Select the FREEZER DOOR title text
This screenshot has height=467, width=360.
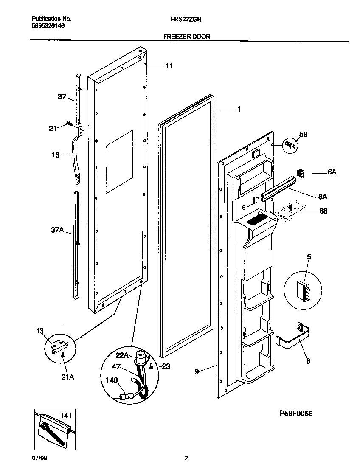point(187,37)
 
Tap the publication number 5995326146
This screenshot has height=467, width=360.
point(48,26)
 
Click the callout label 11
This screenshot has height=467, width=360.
point(169,66)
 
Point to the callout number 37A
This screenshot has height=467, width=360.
point(57,230)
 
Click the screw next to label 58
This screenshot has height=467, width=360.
point(290,145)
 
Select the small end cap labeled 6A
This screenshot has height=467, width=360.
point(301,173)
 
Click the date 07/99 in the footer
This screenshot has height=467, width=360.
point(39,458)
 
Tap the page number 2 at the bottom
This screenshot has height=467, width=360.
point(186,458)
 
